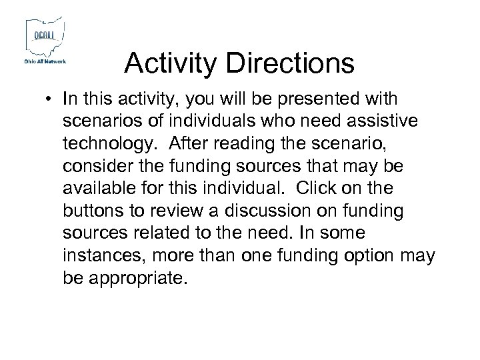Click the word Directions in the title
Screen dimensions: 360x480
point(291,64)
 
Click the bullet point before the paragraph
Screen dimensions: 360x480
point(50,100)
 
